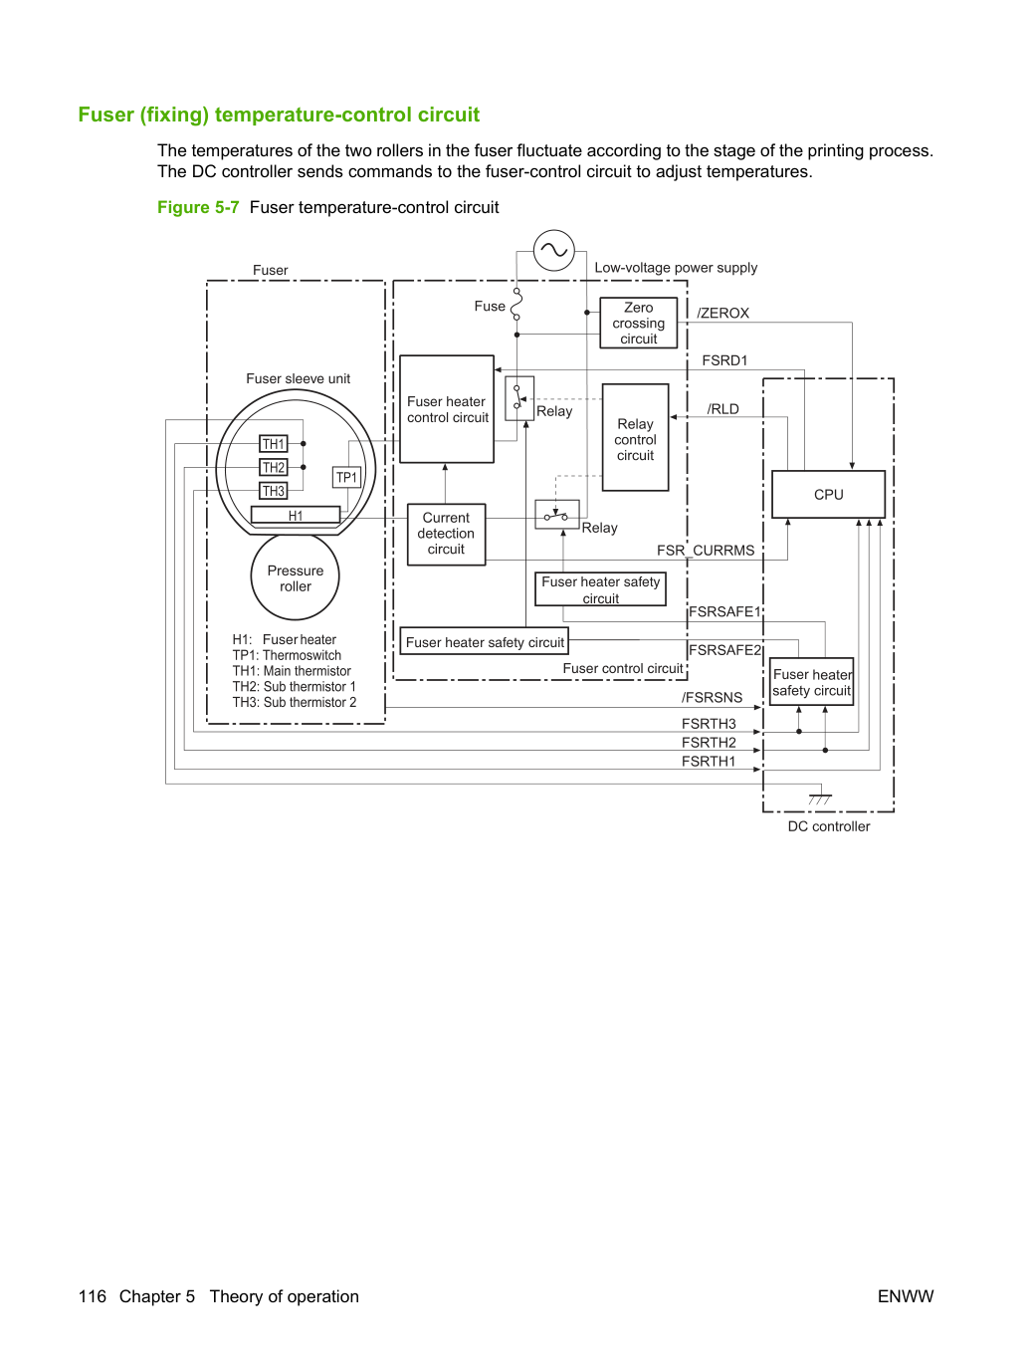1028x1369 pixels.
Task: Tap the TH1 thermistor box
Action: [273, 443]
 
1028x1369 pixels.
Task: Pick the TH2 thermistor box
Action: [273, 467]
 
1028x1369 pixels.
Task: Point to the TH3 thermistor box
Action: [273, 491]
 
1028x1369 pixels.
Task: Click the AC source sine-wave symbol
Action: [553, 251]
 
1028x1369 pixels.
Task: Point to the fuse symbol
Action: [516, 305]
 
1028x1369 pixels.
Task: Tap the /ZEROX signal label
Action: [722, 313]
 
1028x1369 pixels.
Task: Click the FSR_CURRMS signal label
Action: [706, 551]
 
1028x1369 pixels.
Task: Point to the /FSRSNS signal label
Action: [712, 697]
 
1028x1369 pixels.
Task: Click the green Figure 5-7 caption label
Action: [198, 207]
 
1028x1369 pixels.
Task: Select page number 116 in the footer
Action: [93, 1296]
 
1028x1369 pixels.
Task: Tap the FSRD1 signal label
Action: [724, 360]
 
